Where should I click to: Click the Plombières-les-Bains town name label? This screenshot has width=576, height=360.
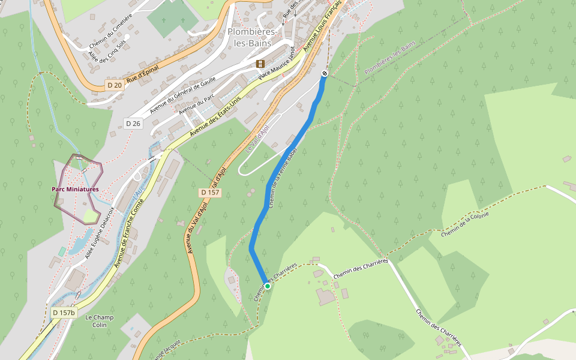(251, 37)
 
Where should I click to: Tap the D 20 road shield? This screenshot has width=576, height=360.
(115, 85)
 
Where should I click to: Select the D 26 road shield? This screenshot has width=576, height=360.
(133, 124)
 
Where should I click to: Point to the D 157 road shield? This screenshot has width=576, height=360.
(210, 193)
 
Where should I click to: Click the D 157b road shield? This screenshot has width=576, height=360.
(63, 313)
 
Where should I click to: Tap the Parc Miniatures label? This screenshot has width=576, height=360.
(75, 190)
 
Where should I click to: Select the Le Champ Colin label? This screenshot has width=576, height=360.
(100, 321)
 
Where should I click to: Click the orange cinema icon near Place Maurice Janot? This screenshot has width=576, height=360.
(260, 64)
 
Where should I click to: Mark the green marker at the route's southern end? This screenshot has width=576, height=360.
(268, 286)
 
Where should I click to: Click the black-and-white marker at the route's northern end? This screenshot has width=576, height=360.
(325, 73)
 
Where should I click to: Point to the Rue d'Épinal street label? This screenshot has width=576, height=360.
(142, 74)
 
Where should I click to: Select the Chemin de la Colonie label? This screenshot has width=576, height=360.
(466, 223)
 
